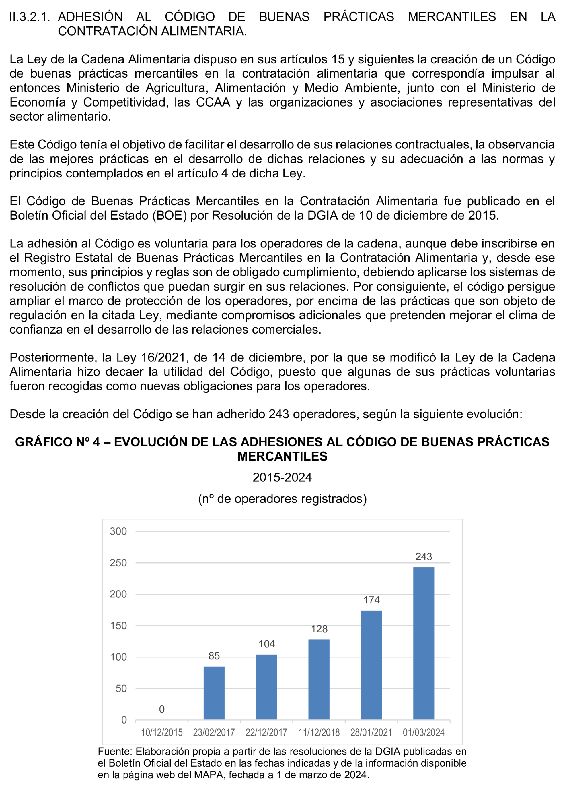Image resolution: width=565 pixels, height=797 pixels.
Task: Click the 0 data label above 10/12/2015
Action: coord(161,709)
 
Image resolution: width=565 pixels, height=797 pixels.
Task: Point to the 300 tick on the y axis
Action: coord(118,531)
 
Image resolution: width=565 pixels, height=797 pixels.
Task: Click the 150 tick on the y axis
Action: coord(118,626)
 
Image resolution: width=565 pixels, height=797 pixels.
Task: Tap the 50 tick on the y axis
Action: coord(121,688)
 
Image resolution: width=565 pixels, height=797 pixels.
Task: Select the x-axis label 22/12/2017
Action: coord(266,733)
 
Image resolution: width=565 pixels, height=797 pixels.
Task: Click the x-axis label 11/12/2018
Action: coord(319,733)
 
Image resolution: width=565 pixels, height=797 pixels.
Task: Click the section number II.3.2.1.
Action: coord(30,17)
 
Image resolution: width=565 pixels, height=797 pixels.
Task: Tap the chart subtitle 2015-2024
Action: coord(282,477)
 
